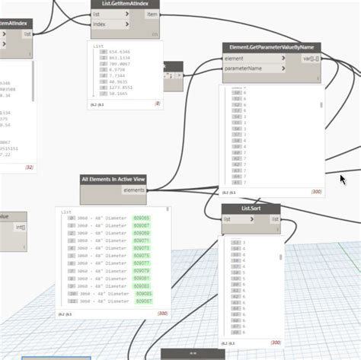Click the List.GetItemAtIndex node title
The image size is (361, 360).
tap(125, 3)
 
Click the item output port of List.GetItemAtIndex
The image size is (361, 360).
tap(152, 14)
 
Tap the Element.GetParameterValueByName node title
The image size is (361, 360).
tap(272, 47)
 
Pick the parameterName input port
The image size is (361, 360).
tap(251, 68)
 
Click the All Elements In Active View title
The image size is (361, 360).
tap(113, 180)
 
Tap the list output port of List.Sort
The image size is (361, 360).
tap(273, 219)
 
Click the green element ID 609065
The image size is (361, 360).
tap(142, 218)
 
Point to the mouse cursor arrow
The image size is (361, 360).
tap(342, 179)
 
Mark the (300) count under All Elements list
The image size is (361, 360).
tap(162, 314)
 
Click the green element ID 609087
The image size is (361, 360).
tap(144, 301)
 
